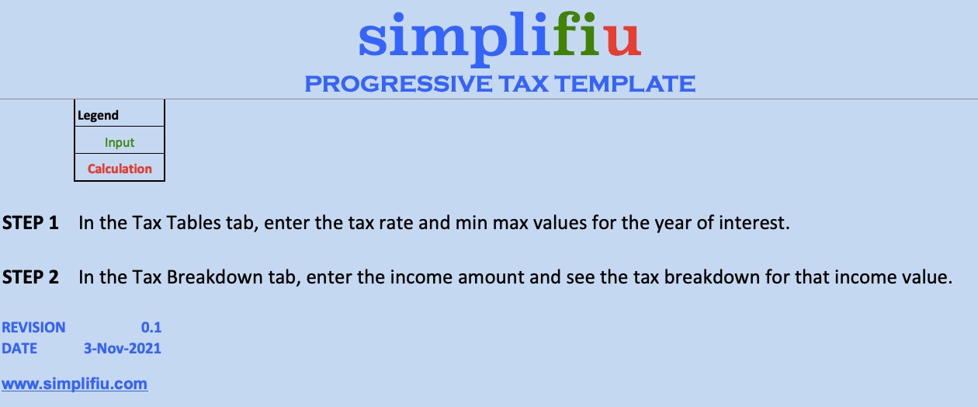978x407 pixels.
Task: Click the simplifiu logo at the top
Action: (x=499, y=37)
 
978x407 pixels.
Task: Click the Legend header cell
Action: (x=98, y=116)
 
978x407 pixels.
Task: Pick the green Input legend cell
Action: (x=120, y=142)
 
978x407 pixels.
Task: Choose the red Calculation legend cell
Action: (x=120, y=169)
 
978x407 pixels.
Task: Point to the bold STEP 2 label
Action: (x=31, y=277)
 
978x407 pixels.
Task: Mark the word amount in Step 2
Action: (x=486, y=277)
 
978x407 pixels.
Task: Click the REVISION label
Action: (x=34, y=328)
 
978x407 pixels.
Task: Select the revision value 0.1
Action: (x=151, y=328)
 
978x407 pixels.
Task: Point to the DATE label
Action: (x=19, y=349)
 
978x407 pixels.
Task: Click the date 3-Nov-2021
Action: (x=123, y=349)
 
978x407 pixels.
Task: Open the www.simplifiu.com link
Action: (x=75, y=384)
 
